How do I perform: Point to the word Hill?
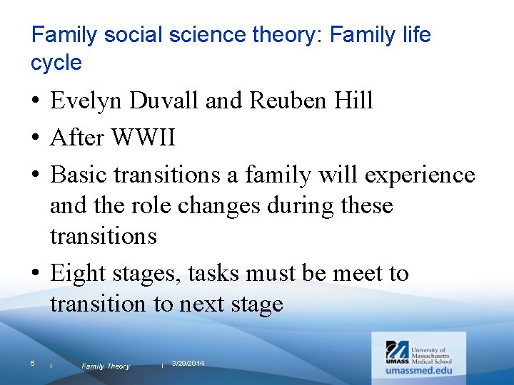(x=356, y=101)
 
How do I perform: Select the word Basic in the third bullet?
(x=81, y=175)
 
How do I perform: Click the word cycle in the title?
(x=56, y=62)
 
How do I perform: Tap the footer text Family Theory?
(x=106, y=366)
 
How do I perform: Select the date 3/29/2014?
(x=188, y=364)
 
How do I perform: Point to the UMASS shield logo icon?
(x=397, y=350)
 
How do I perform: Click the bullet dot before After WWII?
(x=36, y=138)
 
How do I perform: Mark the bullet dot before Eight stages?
(x=36, y=274)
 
